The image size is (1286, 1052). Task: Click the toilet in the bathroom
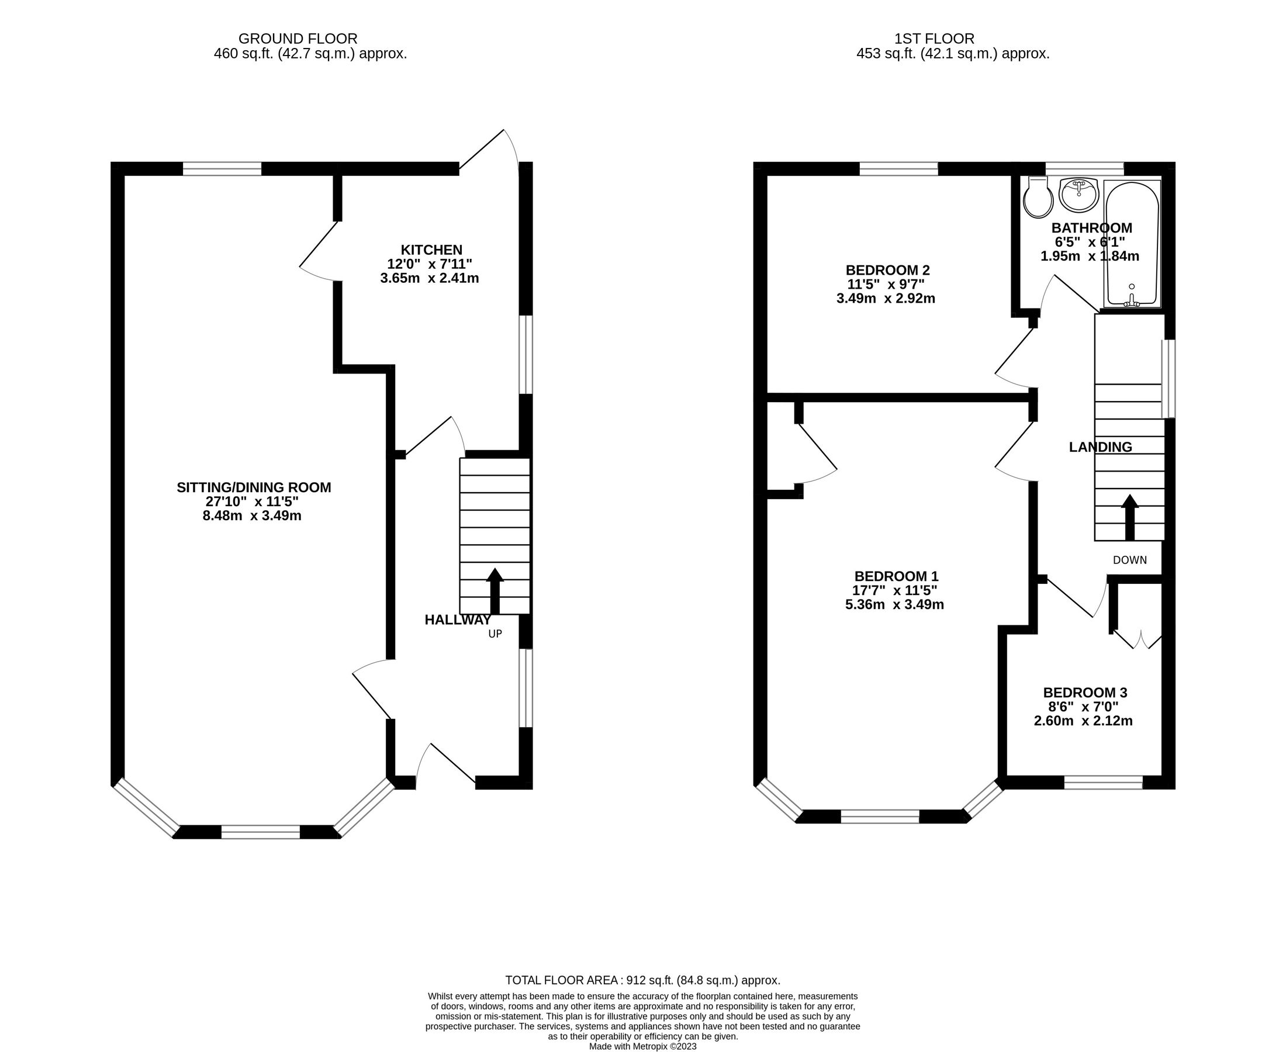click(1038, 198)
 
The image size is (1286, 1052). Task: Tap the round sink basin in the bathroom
click(1078, 195)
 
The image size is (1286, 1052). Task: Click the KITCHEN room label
click(431, 250)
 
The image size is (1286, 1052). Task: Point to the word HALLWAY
click(457, 620)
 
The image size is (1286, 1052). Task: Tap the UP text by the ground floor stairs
click(495, 634)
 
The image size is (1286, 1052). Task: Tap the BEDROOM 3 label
click(1085, 693)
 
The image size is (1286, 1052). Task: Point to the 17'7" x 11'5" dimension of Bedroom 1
click(894, 590)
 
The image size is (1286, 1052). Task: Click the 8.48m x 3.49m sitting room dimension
click(251, 515)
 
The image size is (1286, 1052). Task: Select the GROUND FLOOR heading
click(298, 39)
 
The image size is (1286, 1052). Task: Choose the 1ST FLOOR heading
click(934, 39)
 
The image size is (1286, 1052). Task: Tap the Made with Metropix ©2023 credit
click(642, 1046)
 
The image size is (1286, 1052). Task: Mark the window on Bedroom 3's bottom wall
click(1103, 783)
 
